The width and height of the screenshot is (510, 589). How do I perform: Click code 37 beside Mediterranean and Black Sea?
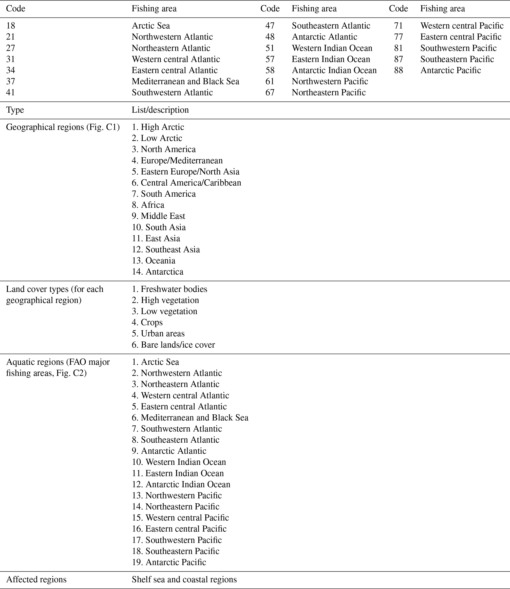[x=11, y=82]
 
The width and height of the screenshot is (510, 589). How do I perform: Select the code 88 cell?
[x=398, y=70]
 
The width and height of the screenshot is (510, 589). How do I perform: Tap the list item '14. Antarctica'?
[x=157, y=272]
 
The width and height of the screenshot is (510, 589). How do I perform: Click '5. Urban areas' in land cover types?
[x=158, y=333]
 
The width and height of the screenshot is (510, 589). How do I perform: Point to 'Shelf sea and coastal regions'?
[x=184, y=580]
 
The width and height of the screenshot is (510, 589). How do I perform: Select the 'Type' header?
[x=15, y=110]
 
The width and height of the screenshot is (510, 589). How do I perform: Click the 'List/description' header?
[x=160, y=110]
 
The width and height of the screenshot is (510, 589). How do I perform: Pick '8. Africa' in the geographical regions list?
[x=148, y=205]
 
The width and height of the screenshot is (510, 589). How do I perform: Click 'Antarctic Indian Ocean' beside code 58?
[x=334, y=70]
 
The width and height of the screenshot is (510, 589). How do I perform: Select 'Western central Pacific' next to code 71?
[x=462, y=26]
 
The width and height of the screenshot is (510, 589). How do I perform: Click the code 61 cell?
[x=270, y=82]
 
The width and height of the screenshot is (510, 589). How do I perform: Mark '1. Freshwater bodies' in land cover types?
[x=169, y=289]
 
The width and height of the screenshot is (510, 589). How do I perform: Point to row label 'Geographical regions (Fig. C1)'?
[x=63, y=127]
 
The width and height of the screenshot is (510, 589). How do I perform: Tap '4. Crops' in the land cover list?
[x=147, y=323]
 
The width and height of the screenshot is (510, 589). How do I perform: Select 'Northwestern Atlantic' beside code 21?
[x=172, y=37]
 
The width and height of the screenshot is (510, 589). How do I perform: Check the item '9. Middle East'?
[x=158, y=216]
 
